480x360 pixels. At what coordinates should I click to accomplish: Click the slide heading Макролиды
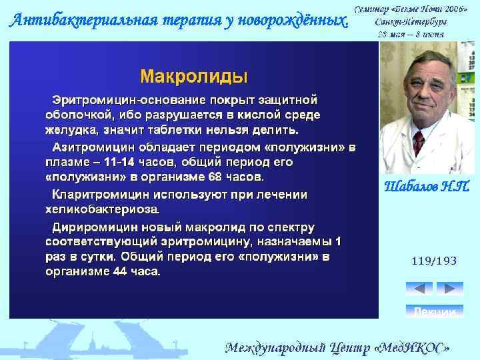pos(193,75)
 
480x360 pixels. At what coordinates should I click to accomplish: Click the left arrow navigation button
pos(419,289)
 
